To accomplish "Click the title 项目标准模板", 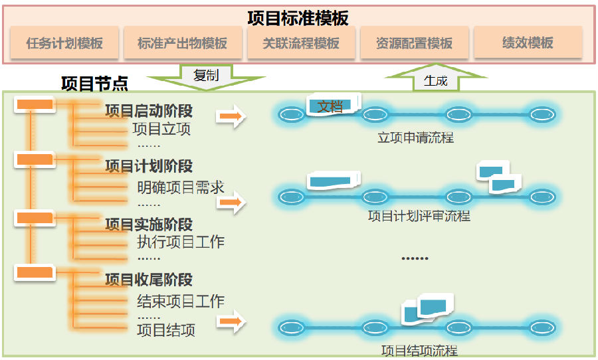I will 298,18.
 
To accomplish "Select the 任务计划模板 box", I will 64,43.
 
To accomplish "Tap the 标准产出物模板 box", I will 182,43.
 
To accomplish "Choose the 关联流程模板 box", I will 300,43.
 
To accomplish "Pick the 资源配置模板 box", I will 414,43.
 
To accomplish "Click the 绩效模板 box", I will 528,43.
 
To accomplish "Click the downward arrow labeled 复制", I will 205,76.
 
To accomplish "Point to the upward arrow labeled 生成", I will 435,78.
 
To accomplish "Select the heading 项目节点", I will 94,84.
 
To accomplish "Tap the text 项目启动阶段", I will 149,111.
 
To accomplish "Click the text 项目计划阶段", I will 149,165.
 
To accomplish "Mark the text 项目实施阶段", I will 149,225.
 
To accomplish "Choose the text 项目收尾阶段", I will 149,280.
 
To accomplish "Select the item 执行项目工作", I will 180,242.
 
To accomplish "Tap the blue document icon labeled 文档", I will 333,105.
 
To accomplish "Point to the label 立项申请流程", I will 415,138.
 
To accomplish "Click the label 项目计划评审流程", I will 419,217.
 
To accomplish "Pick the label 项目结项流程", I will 419,351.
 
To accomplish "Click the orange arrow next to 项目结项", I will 231,322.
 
